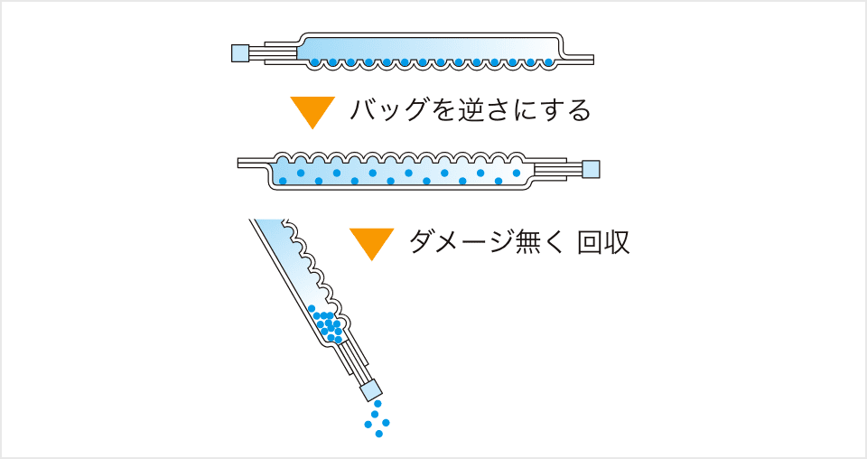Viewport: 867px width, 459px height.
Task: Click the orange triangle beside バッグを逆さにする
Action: coord(312,110)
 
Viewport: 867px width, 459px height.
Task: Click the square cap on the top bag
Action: coord(240,52)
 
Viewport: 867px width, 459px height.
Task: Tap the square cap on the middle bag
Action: coord(591,169)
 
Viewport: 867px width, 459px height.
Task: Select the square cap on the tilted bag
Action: coord(371,389)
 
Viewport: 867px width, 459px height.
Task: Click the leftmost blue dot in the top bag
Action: coord(314,62)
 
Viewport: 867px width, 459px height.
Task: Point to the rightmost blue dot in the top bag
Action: coord(547,62)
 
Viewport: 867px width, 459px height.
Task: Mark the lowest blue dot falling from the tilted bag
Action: coord(379,434)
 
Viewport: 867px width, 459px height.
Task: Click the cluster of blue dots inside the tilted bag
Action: coord(329,326)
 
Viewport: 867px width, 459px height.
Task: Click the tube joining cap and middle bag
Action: coord(557,169)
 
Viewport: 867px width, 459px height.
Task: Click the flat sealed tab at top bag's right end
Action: coord(580,60)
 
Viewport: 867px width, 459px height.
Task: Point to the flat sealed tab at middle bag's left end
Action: coord(252,164)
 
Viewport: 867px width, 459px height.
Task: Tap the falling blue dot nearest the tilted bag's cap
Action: coord(378,404)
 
